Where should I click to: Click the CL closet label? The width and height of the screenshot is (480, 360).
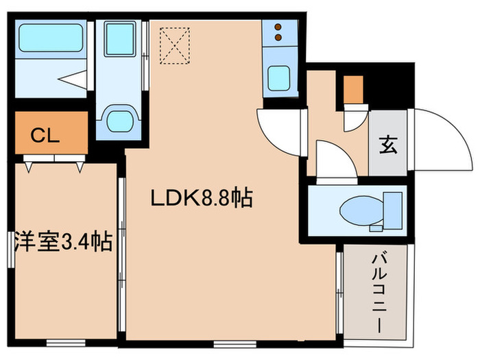[46, 135]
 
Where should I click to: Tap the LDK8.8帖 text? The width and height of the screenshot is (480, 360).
[202, 200]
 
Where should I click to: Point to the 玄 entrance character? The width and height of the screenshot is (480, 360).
[387, 145]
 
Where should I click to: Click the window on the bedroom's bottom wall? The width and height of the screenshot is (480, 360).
[66, 341]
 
